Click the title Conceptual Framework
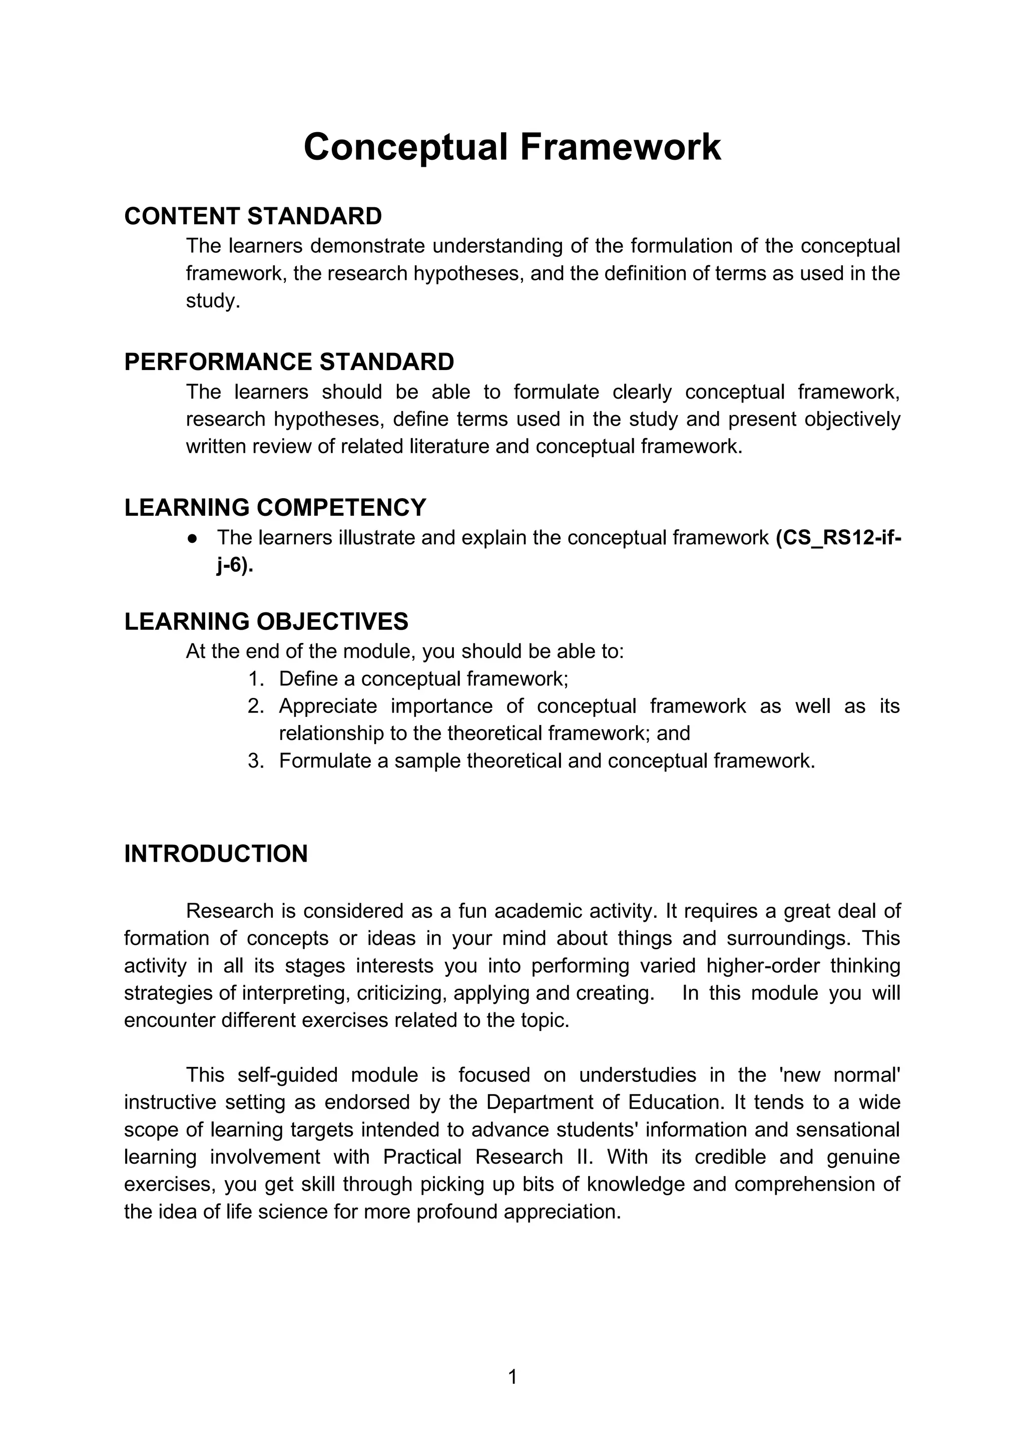512,147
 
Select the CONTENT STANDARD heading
253,216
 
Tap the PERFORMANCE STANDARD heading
289,362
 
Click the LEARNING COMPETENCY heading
275,507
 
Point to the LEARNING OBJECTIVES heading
266,621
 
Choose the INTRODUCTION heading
216,853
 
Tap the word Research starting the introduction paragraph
230,911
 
